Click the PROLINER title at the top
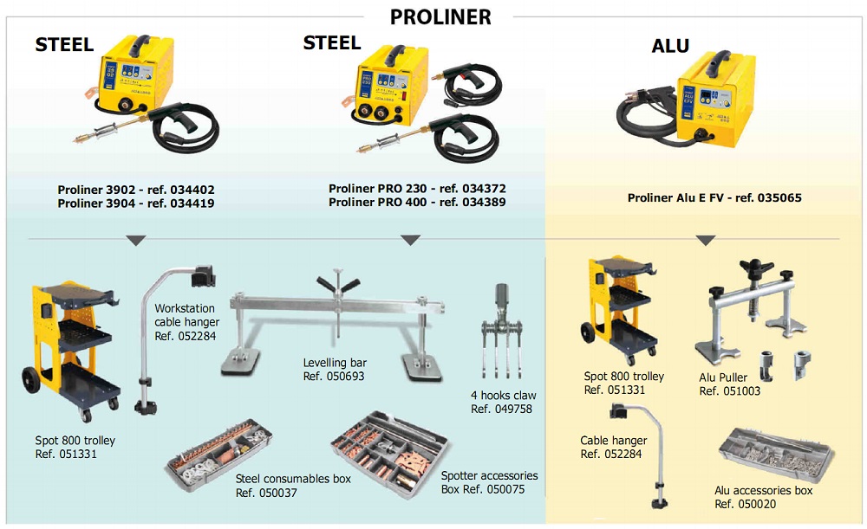point(440,16)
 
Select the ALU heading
point(670,46)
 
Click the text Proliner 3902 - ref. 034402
point(136,190)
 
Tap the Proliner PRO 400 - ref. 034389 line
point(417,202)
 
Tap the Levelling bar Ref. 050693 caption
point(335,370)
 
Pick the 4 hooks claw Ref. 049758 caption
point(503,403)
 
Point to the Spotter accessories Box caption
point(489,482)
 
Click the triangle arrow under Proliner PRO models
point(410,240)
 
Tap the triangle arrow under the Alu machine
point(706,240)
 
